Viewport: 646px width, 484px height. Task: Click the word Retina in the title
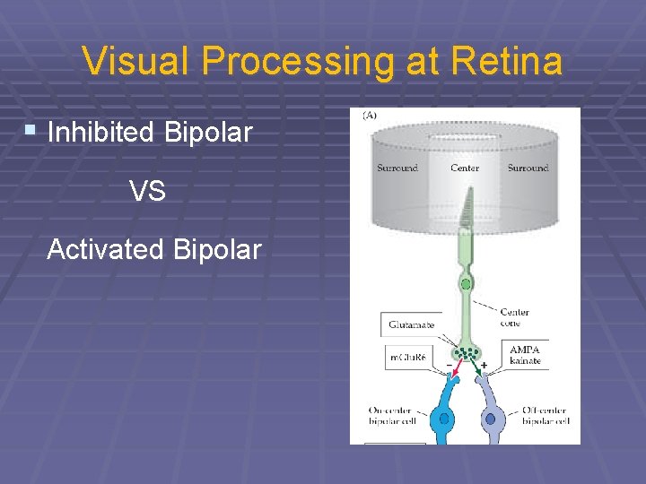pos(509,62)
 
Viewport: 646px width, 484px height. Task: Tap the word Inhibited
pos(100,134)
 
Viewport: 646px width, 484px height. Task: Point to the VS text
pos(147,191)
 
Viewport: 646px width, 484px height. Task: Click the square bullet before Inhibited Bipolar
pos(31,131)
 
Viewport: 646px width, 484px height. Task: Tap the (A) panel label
pos(369,115)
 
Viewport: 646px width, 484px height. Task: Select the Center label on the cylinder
pos(464,168)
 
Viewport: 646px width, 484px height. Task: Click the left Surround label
pos(397,168)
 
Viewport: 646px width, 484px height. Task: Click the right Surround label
pos(528,168)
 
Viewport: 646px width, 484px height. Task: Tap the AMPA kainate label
pos(526,355)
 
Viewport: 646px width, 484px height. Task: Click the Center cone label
pos(515,317)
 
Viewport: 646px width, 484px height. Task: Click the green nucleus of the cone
pos(465,285)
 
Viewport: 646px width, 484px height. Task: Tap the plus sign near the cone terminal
pos(484,366)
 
